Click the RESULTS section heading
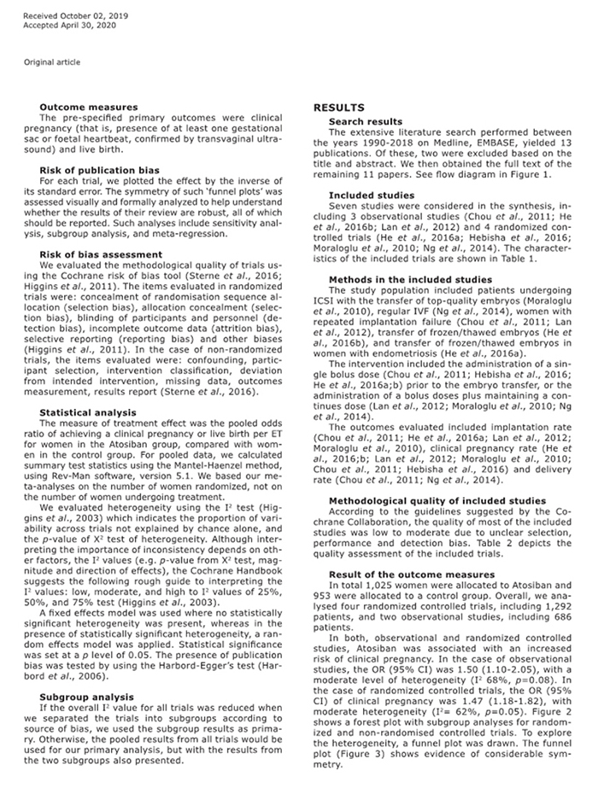[339, 108]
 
